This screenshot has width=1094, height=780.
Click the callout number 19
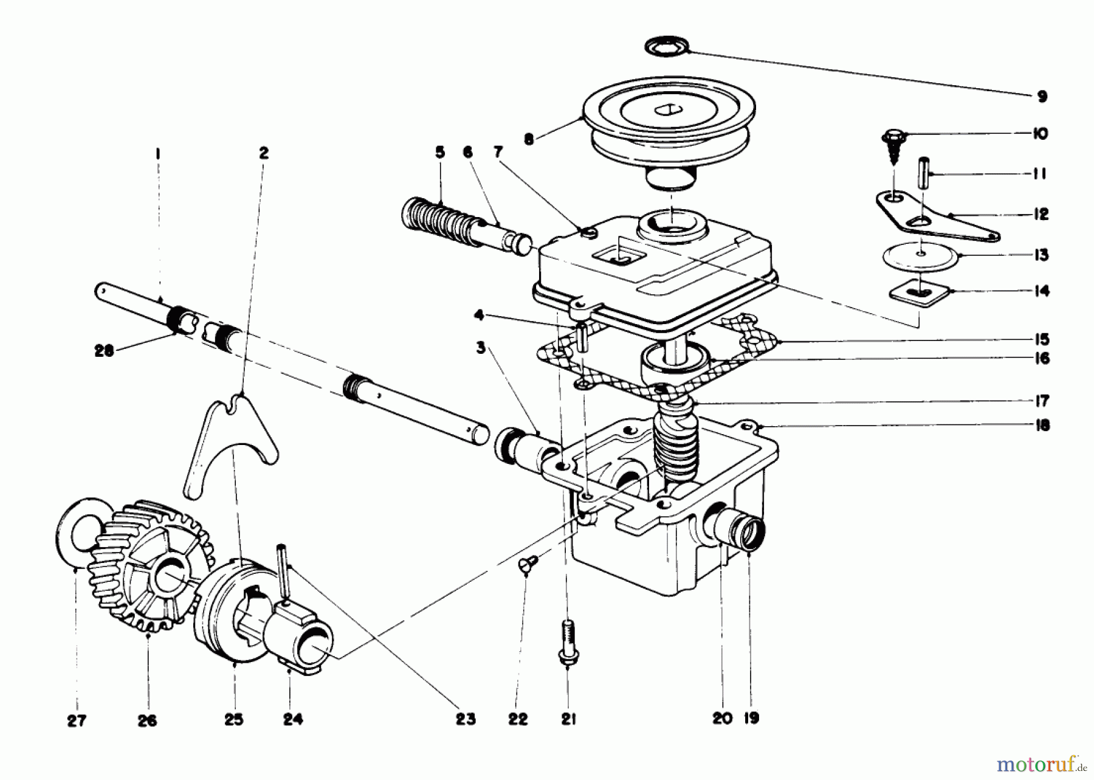pyautogui.click(x=751, y=719)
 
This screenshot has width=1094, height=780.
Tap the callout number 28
pyautogui.click(x=104, y=351)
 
